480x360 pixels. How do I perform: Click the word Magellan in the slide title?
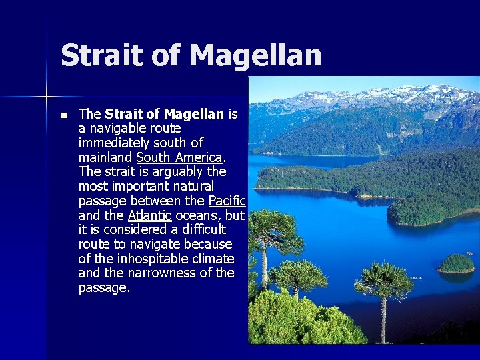point(256,55)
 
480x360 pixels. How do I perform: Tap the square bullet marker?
point(63,115)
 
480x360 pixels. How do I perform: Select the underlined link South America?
point(179,157)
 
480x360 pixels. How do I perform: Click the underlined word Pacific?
point(227,201)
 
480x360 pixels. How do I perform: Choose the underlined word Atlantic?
point(149,215)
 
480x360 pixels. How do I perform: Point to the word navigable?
point(123,128)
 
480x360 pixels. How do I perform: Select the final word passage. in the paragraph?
point(104,288)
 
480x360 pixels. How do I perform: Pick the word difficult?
point(199,230)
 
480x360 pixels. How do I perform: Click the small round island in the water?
point(457,263)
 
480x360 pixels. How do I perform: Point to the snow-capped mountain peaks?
point(373,97)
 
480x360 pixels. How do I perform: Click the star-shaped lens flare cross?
point(47,97)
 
